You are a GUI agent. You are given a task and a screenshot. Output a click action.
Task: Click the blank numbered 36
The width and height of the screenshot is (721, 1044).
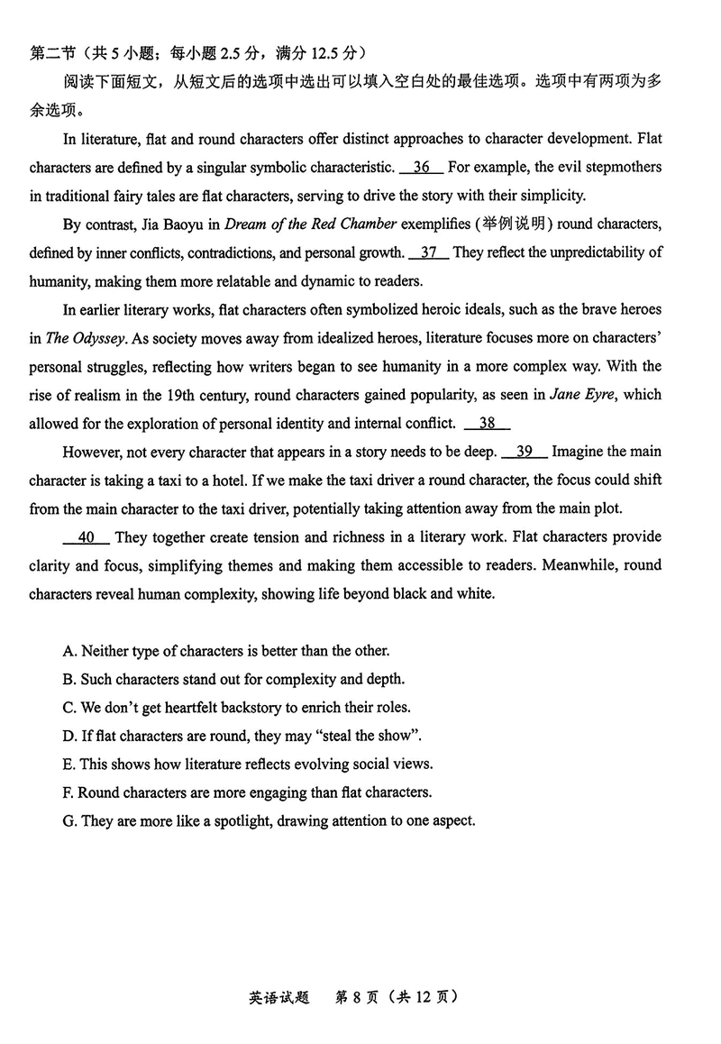420,167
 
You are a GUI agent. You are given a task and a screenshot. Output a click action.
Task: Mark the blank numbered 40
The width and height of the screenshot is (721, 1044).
87,537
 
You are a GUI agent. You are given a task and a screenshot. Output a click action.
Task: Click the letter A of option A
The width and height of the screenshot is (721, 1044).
68,651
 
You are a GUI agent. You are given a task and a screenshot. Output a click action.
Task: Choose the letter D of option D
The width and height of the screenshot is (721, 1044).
68,736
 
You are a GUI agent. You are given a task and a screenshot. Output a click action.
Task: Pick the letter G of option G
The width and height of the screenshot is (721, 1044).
68,820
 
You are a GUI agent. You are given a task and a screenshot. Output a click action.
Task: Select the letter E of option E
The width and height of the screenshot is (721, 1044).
68,764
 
